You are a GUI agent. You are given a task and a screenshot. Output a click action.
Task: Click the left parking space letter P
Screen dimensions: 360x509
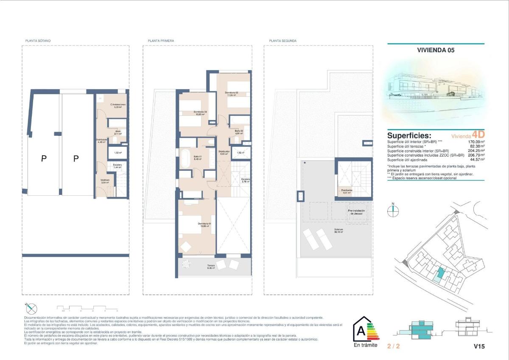43,159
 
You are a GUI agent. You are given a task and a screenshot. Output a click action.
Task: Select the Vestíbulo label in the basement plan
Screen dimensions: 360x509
105,181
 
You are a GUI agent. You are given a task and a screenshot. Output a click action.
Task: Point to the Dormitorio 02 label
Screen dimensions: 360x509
232,94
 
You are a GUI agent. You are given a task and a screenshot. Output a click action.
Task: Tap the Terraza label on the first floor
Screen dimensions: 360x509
211,267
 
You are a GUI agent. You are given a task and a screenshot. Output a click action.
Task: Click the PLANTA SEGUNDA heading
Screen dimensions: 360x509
282,41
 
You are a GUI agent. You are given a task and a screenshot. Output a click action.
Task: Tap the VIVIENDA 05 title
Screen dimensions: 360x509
436,50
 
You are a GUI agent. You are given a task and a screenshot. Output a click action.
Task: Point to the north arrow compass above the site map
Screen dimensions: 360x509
393,211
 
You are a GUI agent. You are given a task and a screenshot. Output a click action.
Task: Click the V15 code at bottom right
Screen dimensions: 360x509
479,346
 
